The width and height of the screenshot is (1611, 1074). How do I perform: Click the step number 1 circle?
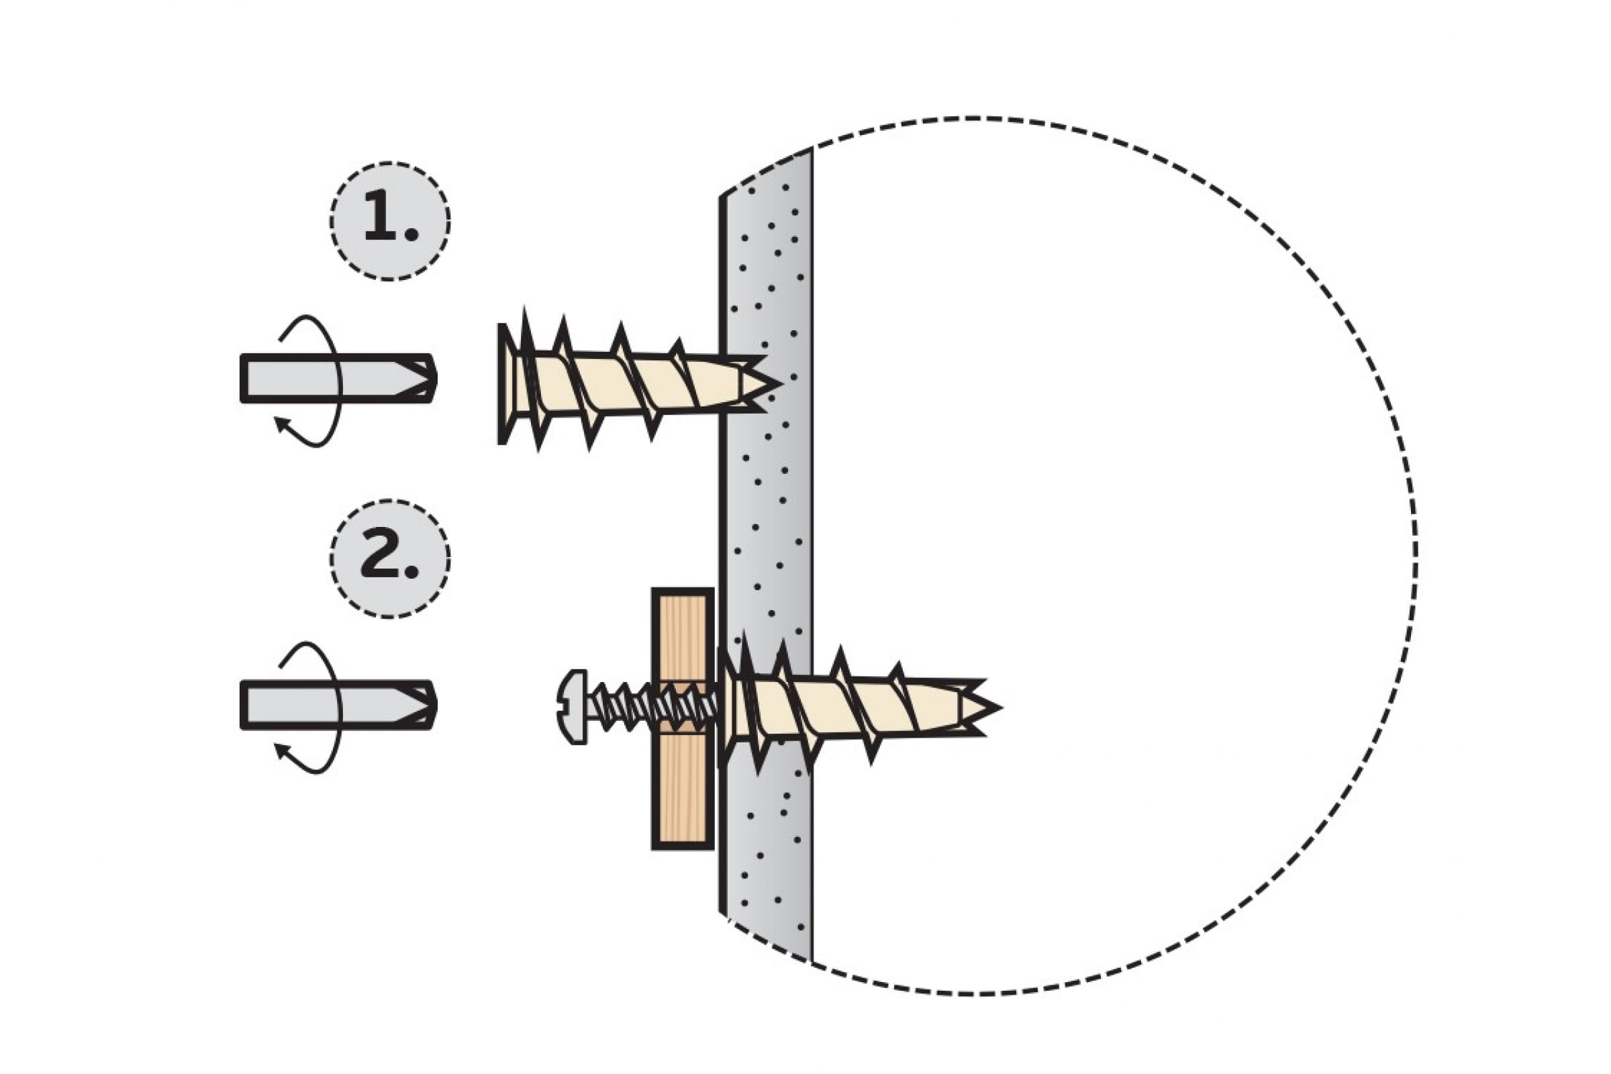pos(390,222)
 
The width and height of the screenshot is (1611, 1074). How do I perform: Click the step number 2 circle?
pos(390,559)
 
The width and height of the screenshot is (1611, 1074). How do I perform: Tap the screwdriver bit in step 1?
pos(338,378)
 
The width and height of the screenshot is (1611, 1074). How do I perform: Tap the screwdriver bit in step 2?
pos(338,705)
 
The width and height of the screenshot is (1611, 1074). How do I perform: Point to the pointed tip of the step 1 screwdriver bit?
pos(435,378)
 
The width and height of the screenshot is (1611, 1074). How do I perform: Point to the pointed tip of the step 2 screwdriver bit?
pos(435,705)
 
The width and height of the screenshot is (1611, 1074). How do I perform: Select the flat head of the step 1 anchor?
pos(506,383)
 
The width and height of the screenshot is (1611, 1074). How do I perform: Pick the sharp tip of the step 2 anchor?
pos(1000,707)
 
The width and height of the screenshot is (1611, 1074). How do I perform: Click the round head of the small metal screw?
pos(572,707)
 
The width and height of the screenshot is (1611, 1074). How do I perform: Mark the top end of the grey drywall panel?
pos(767,171)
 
